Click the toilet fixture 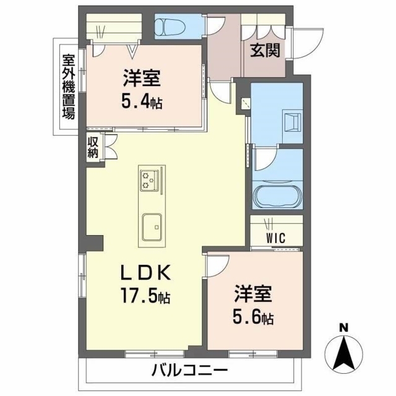click(x=170, y=26)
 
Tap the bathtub click(x=278, y=196)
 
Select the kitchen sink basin click(x=152, y=227)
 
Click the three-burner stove click(x=150, y=180)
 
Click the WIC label click(x=276, y=238)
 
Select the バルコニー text click(x=190, y=371)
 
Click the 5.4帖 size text click(x=142, y=102)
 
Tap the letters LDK click(x=145, y=273)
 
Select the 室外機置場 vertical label click(x=69, y=87)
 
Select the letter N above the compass click(x=343, y=328)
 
